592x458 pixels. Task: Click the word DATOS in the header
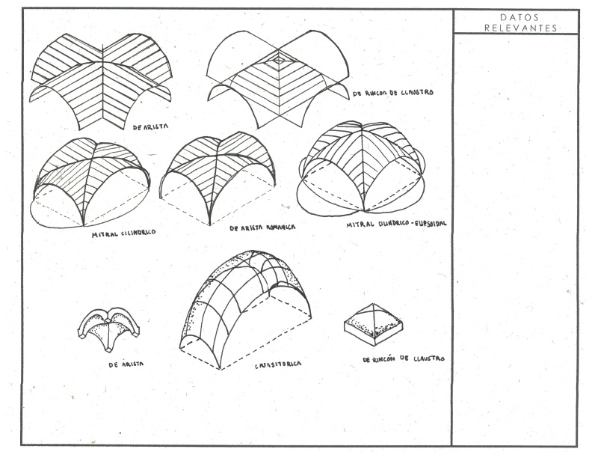516,17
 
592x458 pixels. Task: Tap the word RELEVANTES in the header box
516,28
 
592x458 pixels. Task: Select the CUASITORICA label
277,364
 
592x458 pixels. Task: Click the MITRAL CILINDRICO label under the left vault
123,233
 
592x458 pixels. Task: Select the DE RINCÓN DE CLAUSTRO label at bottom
404,359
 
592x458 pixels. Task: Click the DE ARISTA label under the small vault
126,364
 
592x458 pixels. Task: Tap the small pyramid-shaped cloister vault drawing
372,323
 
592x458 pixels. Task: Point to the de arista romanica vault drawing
217,176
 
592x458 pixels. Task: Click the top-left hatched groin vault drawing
101,79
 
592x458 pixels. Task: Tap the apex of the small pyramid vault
372,305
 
